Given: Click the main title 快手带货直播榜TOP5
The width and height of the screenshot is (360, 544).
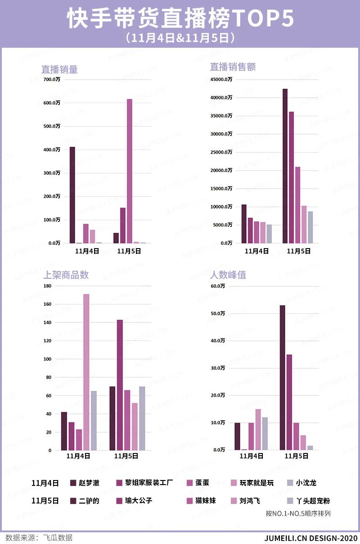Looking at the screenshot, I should pos(180,19).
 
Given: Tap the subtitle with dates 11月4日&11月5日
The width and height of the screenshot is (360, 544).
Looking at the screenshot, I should pos(180,38).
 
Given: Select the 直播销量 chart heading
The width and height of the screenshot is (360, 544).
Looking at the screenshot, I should pos(59,69).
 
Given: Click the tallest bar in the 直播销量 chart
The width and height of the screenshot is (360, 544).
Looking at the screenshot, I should pos(130,171).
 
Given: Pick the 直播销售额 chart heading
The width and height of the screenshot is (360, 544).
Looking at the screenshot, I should pos(233,67).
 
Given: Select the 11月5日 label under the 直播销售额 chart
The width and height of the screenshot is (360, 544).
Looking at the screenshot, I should pos(298,251).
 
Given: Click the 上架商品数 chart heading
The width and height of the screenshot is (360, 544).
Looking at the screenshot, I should pos(65,275).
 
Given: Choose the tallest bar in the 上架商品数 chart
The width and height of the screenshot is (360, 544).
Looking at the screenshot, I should pos(86,372).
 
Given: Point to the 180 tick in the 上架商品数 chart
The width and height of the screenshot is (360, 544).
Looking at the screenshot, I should pos(47,286).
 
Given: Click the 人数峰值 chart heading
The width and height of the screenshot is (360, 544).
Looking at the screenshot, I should pos(228,275).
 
